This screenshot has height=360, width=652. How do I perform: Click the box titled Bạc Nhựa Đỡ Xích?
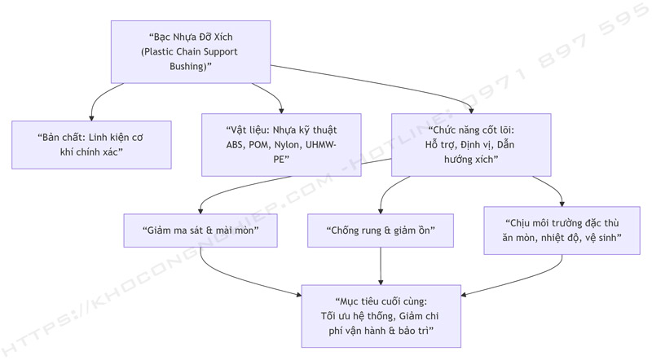click(192, 51)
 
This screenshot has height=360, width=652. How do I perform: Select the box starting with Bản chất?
click(91, 144)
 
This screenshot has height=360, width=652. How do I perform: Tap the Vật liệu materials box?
click(281, 144)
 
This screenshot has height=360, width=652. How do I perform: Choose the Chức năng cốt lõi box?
click(471, 144)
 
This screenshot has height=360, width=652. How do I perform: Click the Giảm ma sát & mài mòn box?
click(201, 230)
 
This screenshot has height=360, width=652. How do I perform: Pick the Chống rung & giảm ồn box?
click(380, 230)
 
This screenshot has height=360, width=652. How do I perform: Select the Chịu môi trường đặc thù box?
click(563, 230)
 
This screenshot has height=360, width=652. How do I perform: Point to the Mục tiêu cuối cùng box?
click(381, 315)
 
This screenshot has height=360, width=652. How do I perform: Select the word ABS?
click(236, 144)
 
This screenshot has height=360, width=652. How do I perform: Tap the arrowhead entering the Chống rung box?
click(381, 211)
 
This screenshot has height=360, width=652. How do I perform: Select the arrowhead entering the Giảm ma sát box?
click(201, 211)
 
